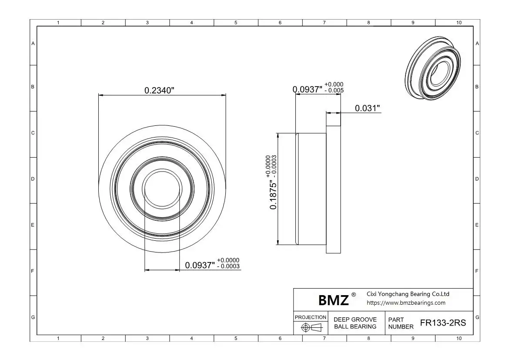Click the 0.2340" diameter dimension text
[x=159, y=90]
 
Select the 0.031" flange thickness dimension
[x=367, y=108]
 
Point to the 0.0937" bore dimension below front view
[x=200, y=266]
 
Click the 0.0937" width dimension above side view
[x=308, y=89]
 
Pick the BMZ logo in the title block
[x=333, y=300]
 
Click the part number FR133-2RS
[x=443, y=323]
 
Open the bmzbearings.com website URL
[x=406, y=303]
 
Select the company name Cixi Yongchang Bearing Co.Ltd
[x=408, y=294]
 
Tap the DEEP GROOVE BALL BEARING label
[x=355, y=323]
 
